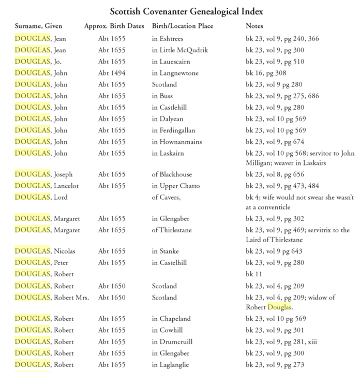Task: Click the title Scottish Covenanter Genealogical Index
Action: tap(179, 10)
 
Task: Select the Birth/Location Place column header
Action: tap(183, 26)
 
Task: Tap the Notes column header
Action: tap(254, 26)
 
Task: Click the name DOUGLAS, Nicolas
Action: tap(45, 251)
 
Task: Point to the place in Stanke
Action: tap(165, 251)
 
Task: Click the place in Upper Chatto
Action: tap(175, 186)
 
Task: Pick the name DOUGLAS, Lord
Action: tap(41, 197)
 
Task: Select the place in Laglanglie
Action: tap(172, 365)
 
